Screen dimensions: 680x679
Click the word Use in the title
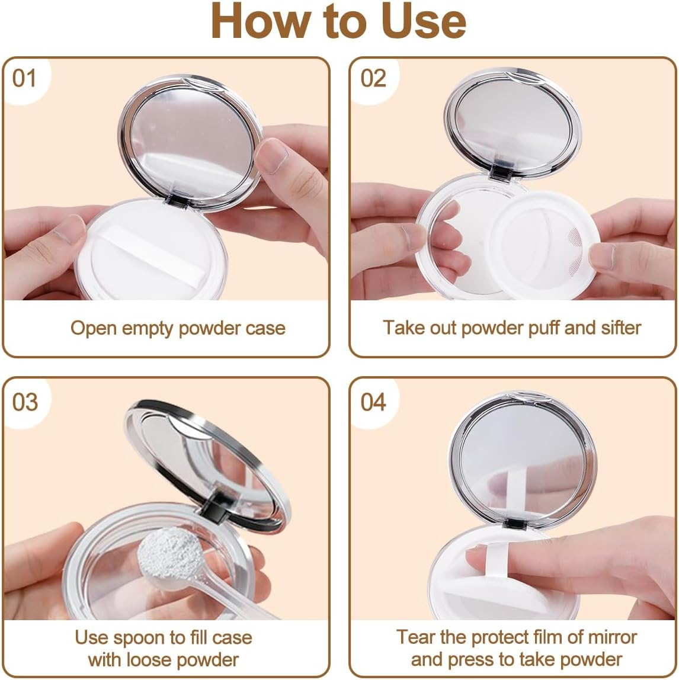(426, 21)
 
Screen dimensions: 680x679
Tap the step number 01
(24, 78)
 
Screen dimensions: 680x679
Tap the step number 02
(373, 78)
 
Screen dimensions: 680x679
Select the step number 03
(25, 402)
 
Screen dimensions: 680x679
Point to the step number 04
(374, 402)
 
